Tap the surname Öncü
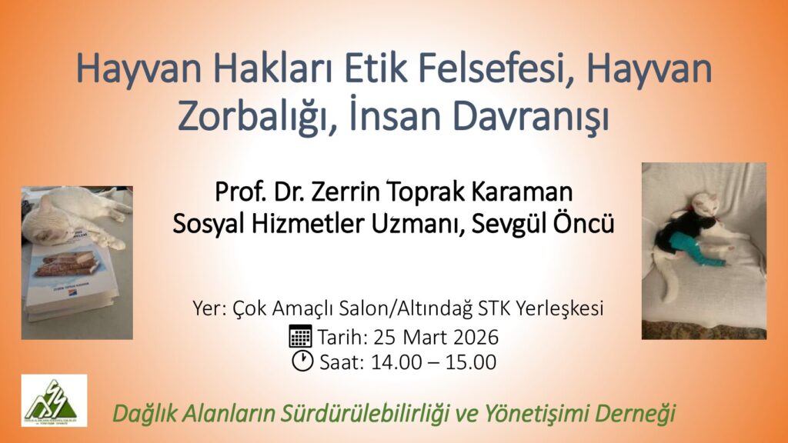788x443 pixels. click(x=583, y=223)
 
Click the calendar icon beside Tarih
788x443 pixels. click(x=301, y=336)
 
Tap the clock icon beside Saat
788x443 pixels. click(x=302, y=361)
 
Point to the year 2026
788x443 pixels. click(x=476, y=337)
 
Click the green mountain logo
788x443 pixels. click(x=55, y=400)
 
